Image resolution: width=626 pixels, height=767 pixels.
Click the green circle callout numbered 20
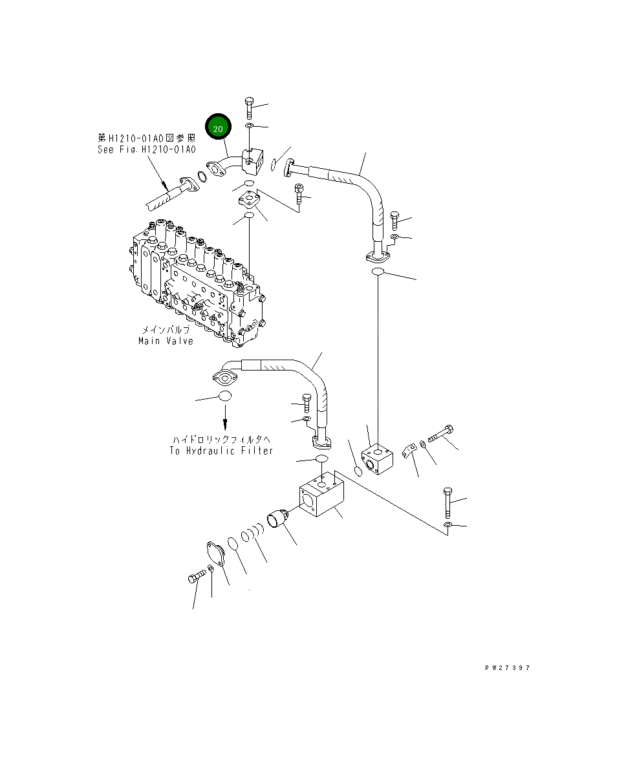point(218,129)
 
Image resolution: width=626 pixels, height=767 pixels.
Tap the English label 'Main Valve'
point(166,341)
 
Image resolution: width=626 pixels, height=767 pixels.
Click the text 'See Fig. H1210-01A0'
point(146,149)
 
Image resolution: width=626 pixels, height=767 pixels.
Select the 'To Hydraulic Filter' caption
point(221,451)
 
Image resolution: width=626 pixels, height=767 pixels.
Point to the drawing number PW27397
point(507,668)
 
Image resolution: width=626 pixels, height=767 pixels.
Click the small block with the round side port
point(378,460)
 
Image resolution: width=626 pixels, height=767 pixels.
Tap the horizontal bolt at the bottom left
point(196,576)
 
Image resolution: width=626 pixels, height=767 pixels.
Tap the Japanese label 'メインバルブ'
point(166,329)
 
